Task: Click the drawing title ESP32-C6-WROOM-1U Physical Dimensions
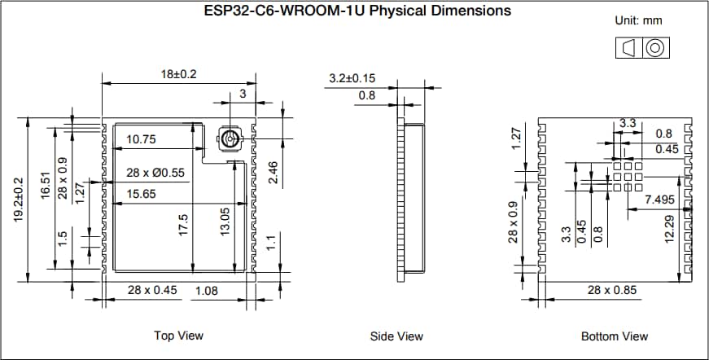pyautogui.click(x=357, y=11)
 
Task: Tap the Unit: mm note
pyautogui.click(x=639, y=20)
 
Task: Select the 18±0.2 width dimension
pyautogui.click(x=179, y=74)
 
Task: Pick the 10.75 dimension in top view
pyautogui.click(x=140, y=140)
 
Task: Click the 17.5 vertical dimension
pyautogui.click(x=184, y=226)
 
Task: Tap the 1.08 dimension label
pyautogui.click(x=206, y=291)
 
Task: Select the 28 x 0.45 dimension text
pyautogui.click(x=152, y=291)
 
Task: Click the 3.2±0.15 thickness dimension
pyautogui.click(x=352, y=78)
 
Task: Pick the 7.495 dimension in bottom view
pyautogui.click(x=659, y=200)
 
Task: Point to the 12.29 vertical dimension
pyautogui.click(x=668, y=229)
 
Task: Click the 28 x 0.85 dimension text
pyautogui.click(x=612, y=291)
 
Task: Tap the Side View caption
pyautogui.click(x=398, y=336)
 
